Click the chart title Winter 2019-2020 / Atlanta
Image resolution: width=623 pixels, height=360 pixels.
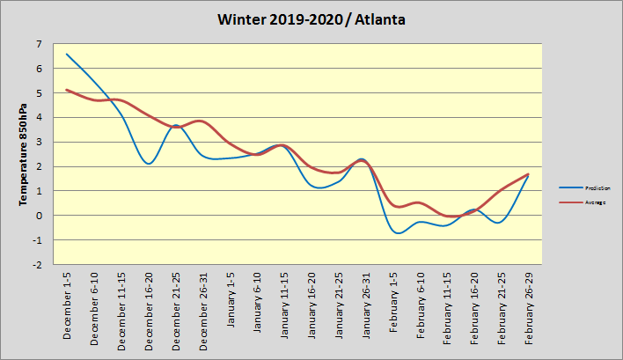(311, 18)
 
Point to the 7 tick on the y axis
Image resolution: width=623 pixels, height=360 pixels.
(40, 44)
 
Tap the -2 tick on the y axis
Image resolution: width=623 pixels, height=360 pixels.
(38, 264)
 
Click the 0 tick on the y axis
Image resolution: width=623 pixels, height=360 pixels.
(40, 215)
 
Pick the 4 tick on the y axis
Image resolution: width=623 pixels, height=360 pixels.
(40, 117)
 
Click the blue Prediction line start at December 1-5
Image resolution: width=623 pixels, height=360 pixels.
(67, 54)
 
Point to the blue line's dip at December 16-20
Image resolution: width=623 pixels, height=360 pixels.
(149, 164)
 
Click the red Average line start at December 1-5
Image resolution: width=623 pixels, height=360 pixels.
(67, 90)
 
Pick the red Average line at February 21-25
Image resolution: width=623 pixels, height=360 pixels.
(502, 189)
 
